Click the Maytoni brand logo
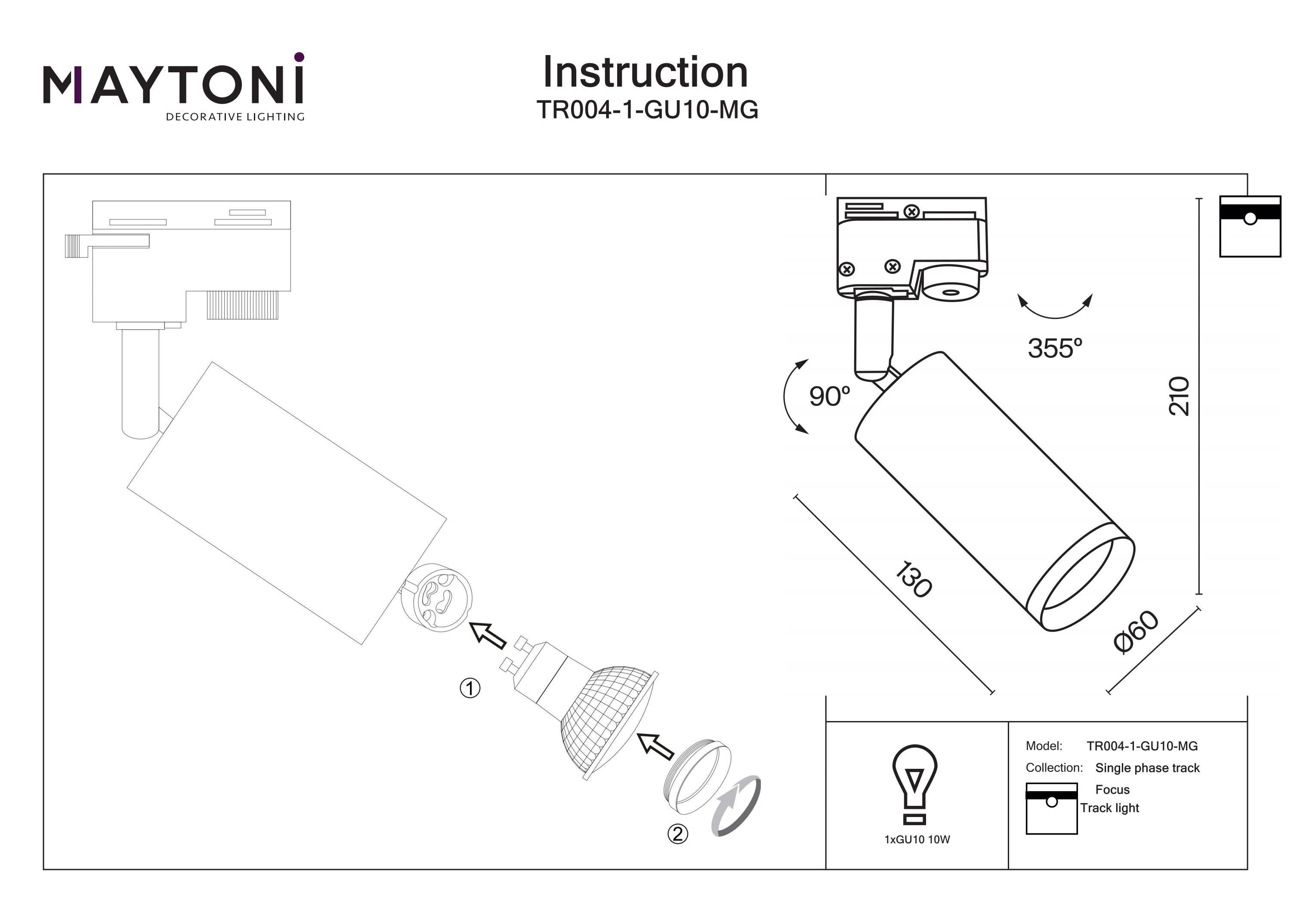pos(174,87)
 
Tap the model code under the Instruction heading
pos(647,110)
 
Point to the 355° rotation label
pos(1054,348)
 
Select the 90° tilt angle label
pos(829,396)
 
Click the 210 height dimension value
pos(1179,396)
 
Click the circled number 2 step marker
pos(677,834)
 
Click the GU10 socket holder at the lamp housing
pos(436,597)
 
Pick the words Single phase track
pos(1147,768)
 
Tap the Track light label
pos(1109,808)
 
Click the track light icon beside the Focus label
pos(1051,808)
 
